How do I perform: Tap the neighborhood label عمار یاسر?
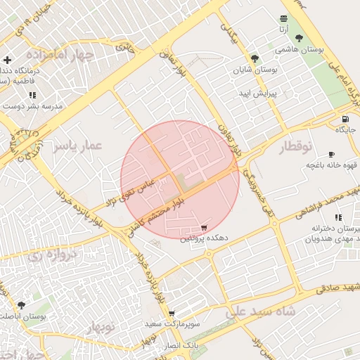point(77,146)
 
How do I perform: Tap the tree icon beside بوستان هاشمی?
point(299,38)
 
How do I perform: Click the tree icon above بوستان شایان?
point(255,59)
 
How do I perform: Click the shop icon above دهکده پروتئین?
point(204,228)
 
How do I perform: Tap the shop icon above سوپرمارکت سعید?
point(172,314)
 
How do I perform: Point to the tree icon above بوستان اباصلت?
point(21,306)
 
